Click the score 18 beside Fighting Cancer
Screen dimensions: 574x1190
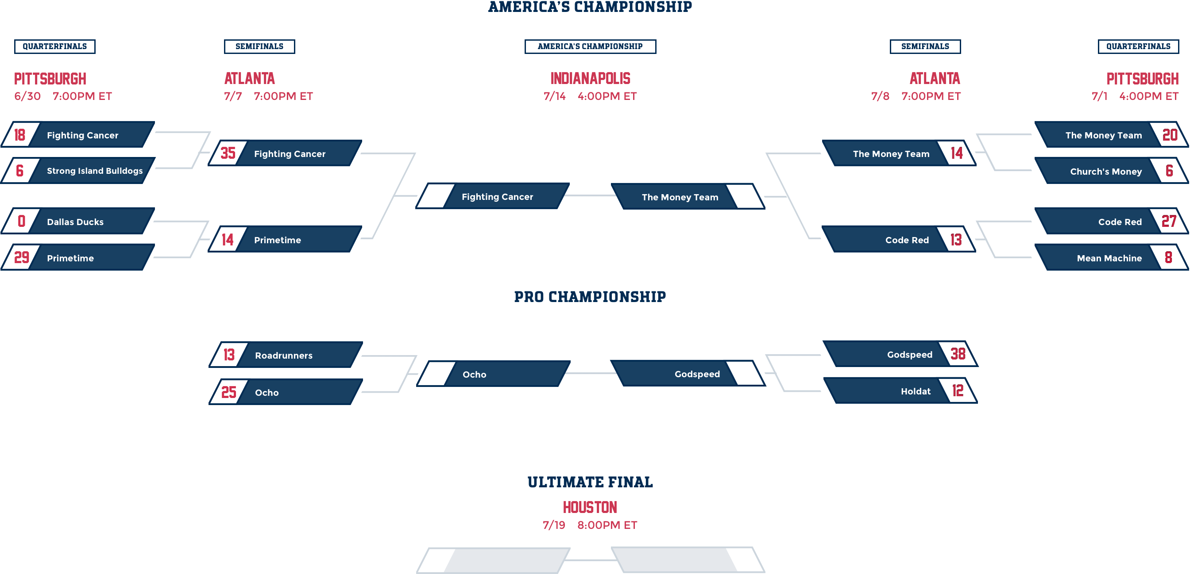(x=20, y=135)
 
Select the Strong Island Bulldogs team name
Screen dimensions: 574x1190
(x=95, y=171)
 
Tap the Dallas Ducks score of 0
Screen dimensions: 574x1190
(x=21, y=222)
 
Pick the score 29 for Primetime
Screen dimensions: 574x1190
(x=22, y=257)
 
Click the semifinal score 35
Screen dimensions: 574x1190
(x=228, y=153)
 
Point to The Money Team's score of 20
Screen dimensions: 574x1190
(x=1170, y=135)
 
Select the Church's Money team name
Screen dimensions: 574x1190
(x=1105, y=172)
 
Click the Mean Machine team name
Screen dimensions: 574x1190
(x=1109, y=258)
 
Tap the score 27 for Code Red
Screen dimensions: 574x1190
(x=1169, y=222)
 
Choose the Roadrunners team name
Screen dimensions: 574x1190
(x=284, y=355)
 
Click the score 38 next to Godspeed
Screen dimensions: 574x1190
(x=958, y=354)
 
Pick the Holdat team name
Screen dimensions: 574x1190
(x=915, y=391)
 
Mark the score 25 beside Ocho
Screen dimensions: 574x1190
(x=229, y=392)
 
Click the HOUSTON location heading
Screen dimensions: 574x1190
(x=590, y=508)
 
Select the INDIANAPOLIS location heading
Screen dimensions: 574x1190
(x=591, y=78)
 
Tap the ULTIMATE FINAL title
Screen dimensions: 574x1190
(x=590, y=482)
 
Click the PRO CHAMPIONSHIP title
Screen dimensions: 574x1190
(x=590, y=297)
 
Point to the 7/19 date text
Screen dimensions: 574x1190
(x=554, y=525)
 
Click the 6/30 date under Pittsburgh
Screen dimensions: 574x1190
(x=28, y=96)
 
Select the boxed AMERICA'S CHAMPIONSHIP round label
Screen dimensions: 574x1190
(x=590, y=46)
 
